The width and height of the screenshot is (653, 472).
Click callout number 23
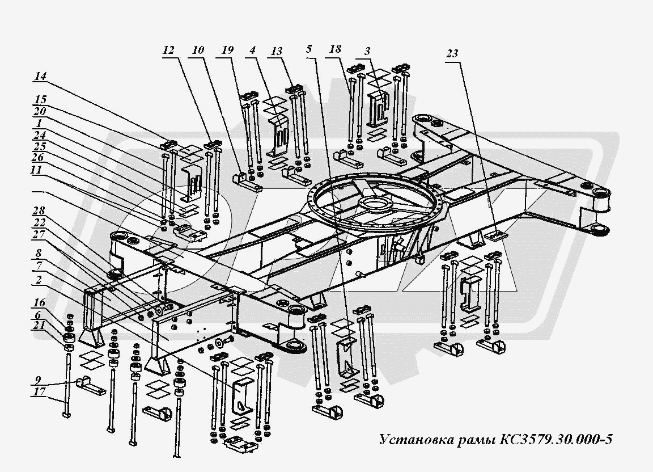click(452, 54)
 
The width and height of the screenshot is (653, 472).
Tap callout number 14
click(41, 77)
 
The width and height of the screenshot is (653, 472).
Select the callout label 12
click(169, 51)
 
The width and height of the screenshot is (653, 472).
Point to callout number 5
click(308, 49)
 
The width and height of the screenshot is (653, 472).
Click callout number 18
click(335, 49)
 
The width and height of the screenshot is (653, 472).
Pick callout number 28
click(39, 212)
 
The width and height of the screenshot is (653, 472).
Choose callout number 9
click(38, 380)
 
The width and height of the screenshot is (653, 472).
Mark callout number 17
click(40, 392)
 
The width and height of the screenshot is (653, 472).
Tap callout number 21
click(40, 326)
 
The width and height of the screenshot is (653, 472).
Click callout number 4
click(252, 50)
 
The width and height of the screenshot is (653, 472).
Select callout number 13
click(277, 51)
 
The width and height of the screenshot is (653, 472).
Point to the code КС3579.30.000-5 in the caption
click(557, 440)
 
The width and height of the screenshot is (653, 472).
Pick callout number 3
click(367, 52)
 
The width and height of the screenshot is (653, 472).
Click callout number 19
click(227, 50)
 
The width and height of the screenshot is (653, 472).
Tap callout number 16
click(40, 303)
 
